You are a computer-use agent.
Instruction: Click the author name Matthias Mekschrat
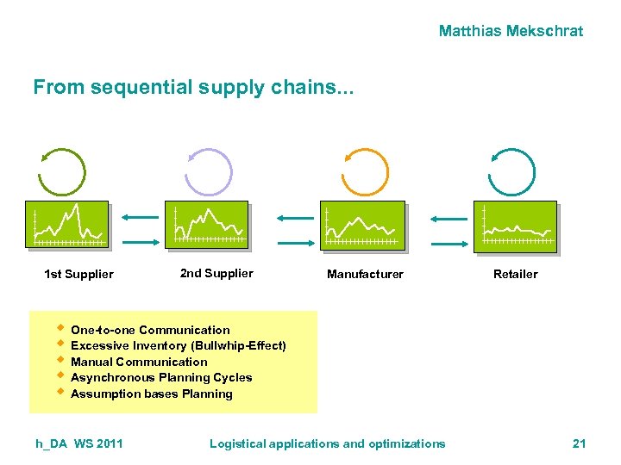511,31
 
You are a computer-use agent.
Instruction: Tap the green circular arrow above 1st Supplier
61,172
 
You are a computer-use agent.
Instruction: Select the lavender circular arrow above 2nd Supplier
210,172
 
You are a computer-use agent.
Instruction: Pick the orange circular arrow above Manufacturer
366,172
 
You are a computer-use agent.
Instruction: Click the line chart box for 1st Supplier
67,226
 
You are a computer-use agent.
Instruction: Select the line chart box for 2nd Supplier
207,226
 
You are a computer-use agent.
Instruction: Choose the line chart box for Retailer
516,227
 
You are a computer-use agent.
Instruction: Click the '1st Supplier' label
78,275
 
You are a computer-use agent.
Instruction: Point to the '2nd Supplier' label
216,273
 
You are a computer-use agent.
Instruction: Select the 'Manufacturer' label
365,275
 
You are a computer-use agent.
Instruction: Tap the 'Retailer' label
515,275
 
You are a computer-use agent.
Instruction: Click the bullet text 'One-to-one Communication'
150,330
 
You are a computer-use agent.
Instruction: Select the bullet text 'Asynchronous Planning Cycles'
161,378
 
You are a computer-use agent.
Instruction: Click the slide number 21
579,443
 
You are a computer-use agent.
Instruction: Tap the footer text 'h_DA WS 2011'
79,443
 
